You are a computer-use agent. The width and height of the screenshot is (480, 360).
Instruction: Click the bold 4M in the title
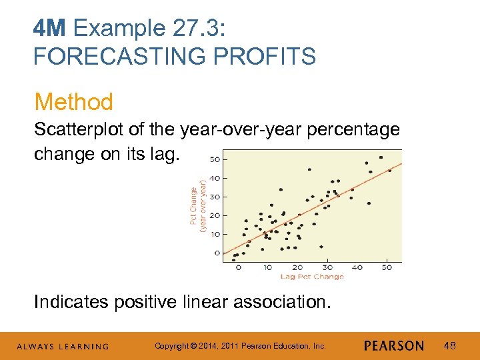pyautogui.click(x=51, y=29)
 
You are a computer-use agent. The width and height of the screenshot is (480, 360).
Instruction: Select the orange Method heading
pyautogui.click(x=74, y=102)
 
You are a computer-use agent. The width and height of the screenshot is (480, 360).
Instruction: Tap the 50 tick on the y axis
pyautogui.click(x=215, y=159)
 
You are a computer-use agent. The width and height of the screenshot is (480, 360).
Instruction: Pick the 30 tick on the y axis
pyautogui.click(x=215, y=197)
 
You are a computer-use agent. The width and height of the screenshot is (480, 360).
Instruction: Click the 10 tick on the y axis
pyautogui.click(x=215, y=234)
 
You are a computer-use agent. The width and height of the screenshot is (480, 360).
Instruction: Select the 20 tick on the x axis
pyautogui.click(x=297, y=267)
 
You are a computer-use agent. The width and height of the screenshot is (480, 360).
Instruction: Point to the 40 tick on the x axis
pyautogui.click(x=357, y=267)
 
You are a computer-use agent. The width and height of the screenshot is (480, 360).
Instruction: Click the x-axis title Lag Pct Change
pyautogui.click(x=312, y=276)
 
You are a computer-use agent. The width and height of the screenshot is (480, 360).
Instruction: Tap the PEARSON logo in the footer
pyautogui.click(x=394, y=346)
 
